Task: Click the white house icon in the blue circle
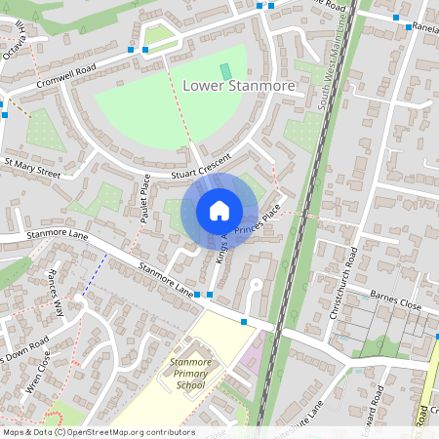[219, 211]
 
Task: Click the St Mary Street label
[32, 169]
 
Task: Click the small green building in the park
[226, 71]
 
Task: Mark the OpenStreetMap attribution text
[98, 432]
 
